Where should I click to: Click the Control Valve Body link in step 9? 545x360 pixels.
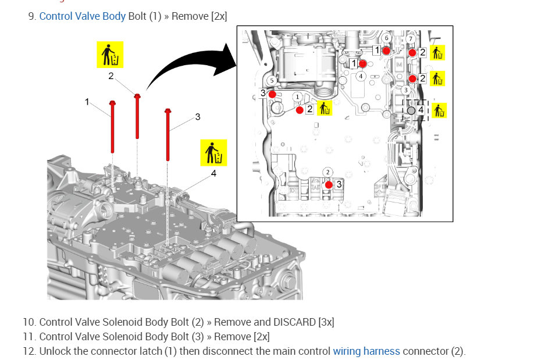pos(82,16)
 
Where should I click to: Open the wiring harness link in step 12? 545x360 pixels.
pos(366,351)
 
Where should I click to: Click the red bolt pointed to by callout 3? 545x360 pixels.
pos(168,134)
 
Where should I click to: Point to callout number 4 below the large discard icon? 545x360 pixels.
pos(213,173)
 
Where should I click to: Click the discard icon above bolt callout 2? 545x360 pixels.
pos(109,54)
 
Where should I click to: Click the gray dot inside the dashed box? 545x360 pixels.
pos(412,110)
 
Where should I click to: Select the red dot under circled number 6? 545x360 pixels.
pos(386,51)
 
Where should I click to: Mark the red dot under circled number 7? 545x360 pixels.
pos(412,52)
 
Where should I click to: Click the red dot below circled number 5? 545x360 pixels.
pos(272,94)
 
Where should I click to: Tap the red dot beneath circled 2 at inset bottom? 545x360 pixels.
pos(329,184)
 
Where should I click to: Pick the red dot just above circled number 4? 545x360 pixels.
pos(362,63)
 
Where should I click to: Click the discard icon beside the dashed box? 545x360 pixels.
pos(438,110)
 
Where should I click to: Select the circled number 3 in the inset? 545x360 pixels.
pos(405,90)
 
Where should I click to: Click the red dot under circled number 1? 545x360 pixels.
pos(300,109)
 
